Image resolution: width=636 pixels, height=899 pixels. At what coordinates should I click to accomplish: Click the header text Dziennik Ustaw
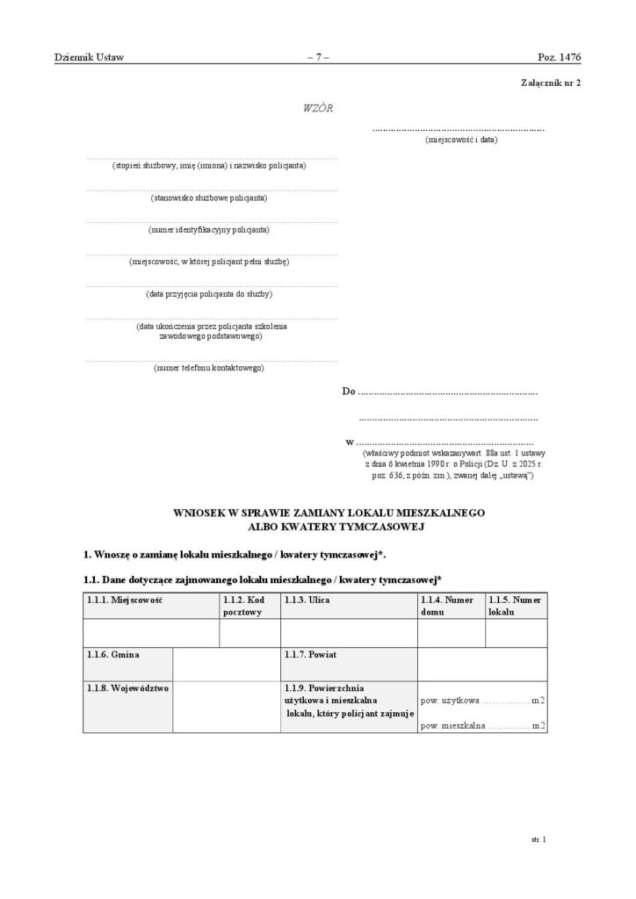[x=89, y=58]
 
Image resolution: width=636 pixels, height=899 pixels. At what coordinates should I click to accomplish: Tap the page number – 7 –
[x=317, y=58]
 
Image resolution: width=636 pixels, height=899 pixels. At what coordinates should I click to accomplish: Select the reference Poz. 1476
[x=559, y=58]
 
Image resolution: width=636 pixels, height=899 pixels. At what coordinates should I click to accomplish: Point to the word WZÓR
[x=317, y=108]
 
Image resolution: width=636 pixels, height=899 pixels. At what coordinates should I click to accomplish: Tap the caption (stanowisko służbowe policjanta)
[x=209, y=198]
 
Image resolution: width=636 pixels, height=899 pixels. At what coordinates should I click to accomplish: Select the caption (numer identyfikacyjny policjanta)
[x=209, y=230]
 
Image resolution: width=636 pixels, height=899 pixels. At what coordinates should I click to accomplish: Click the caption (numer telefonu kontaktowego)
[x=209, y=368]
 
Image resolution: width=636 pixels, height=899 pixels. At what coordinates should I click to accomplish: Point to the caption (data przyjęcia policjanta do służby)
[x=209, y=293]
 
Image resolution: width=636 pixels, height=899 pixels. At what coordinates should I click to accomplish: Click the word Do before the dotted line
[x=349, y=392]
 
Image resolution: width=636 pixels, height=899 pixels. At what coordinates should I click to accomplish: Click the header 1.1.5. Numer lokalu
[x=517, y=606]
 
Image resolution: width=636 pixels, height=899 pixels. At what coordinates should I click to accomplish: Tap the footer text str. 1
[x=538, y=839]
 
